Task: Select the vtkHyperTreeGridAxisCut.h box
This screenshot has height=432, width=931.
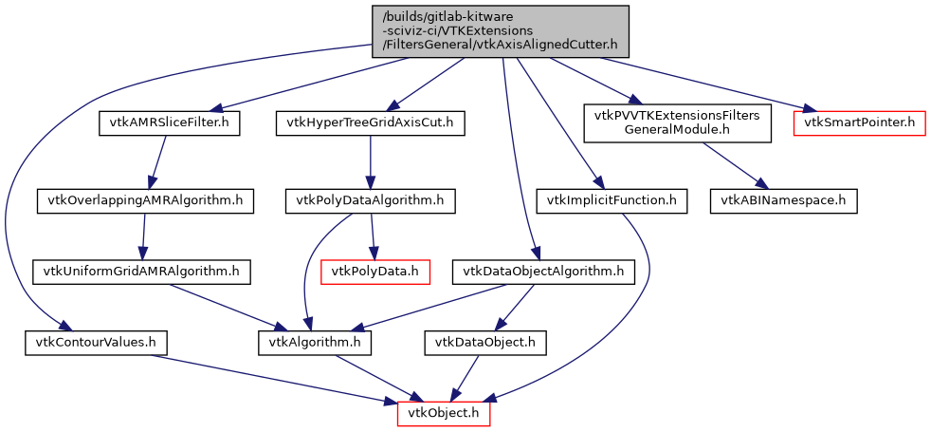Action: (x=371, y=122)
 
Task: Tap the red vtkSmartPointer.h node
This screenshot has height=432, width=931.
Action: (x=859, y=122)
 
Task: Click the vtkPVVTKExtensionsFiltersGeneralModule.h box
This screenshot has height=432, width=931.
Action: (x=676, y=122)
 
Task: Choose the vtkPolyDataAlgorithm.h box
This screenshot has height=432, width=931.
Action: (x=370, y=200)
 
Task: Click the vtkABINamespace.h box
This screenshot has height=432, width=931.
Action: (x=784, y=200)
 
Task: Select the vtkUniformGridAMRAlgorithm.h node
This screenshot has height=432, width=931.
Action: (x=141, y=272)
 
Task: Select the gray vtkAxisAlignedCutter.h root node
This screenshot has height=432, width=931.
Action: (x=501, y=30)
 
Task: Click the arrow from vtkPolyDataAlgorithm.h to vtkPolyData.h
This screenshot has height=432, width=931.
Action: (x=373, y=235)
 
